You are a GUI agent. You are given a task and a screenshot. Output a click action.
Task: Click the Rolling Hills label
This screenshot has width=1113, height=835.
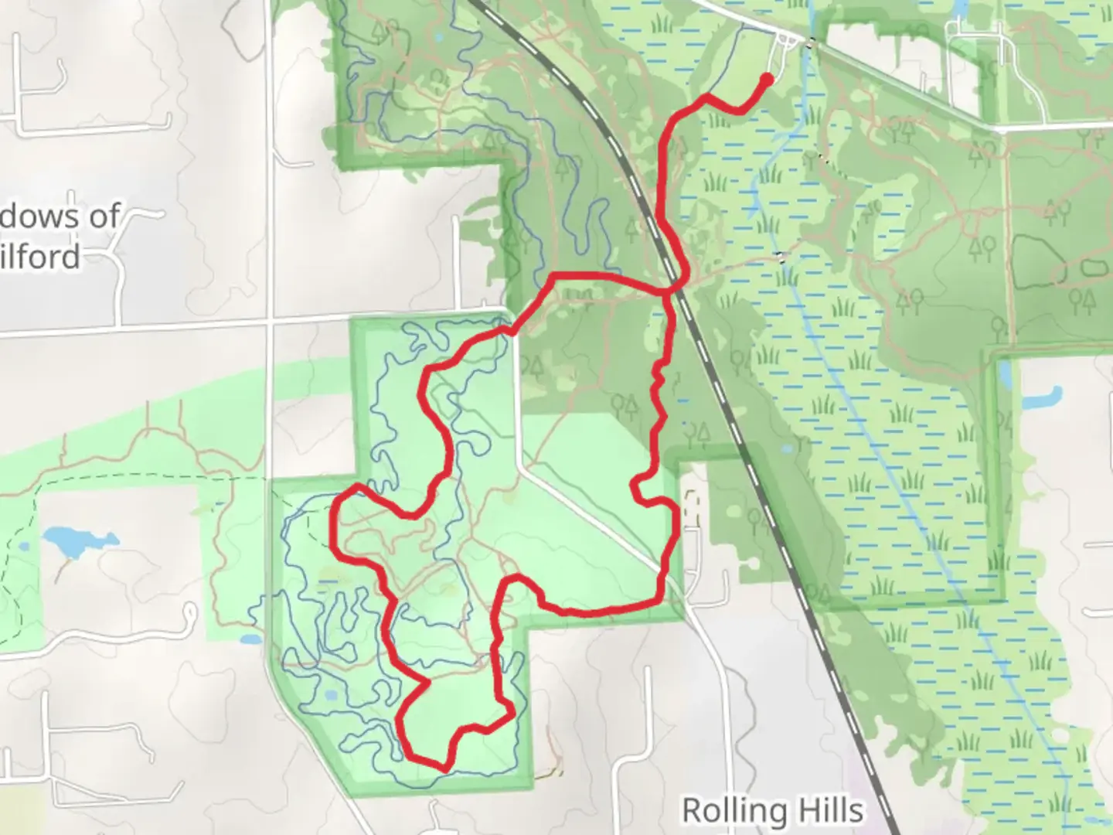772,810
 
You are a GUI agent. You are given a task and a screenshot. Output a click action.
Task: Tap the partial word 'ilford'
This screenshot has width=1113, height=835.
40,256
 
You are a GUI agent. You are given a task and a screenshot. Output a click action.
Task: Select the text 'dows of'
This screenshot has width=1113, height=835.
60,216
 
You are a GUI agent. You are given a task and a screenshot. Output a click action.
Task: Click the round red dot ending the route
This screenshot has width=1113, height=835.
767,79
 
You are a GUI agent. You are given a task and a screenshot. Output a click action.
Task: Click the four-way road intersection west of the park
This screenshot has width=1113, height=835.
270,318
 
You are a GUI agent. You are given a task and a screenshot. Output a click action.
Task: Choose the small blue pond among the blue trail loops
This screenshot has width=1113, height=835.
331,694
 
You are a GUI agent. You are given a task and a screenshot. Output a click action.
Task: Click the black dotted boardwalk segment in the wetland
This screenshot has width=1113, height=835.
782,257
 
